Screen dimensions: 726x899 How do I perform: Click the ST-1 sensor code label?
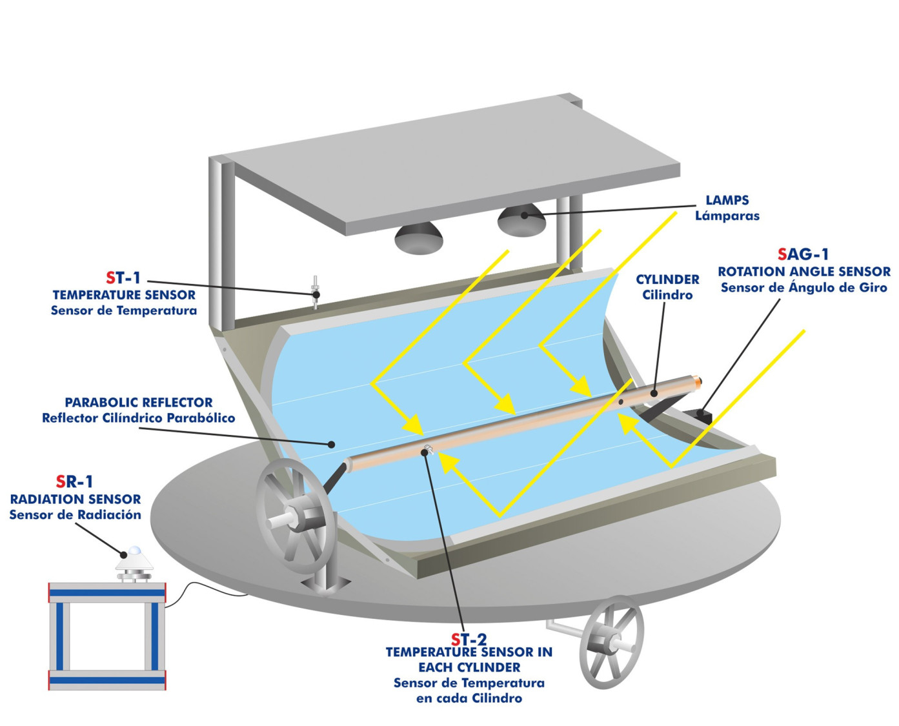pyautogui.click(x=123, y=278)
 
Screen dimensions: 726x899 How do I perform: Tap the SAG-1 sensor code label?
pyautogui.click(x=803, y=254)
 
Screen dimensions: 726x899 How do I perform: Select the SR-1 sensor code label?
pyautogui.click(x=75, y=481)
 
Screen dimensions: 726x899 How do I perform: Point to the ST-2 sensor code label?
pyautogui.click(x=469, y=640)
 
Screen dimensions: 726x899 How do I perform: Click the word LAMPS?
pyautogui.click(x=727, y=200)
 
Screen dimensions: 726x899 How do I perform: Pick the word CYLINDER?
pyautogui.click(x=667, y=279)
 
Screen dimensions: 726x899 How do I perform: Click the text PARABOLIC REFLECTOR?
pyautogui.click(x=139, y=402)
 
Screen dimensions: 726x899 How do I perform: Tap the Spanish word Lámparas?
pyautogui.click(x=727, y=216)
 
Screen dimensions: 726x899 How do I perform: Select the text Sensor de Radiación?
pyautogui.click(x=75, y=515)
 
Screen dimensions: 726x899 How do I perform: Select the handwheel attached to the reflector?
pyautogui.click(x=294, y=516)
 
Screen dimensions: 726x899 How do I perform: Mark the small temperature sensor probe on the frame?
pyautogui.click(x=316, y=292)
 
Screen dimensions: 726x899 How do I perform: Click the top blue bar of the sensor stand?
pyautogui.click(x=107, y=592)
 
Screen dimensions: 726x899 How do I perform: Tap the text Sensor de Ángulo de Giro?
pyautogui.click(x=804, y=288)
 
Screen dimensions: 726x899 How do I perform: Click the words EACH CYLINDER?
pyautogui.click(x=469, y=667)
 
